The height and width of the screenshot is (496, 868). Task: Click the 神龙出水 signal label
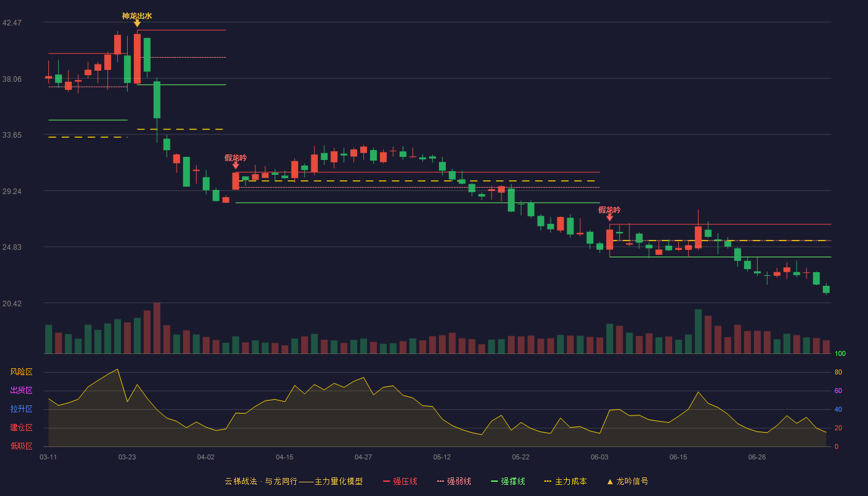(137, 16)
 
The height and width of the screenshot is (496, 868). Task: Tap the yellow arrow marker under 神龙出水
(137, 24)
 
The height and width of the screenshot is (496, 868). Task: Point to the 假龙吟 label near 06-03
(609, 210)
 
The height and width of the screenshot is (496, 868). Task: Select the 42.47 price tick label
(12, 23)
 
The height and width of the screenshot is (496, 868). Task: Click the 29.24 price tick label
(12, 192)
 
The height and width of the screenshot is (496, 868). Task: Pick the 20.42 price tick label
(12, 303)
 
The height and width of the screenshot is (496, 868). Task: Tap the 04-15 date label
(285, 458)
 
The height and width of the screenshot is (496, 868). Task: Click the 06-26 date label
(757, 458)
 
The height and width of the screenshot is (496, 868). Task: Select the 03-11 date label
(48, 458)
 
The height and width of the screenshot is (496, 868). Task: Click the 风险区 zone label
(21, 372)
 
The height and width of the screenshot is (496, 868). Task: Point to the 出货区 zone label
(21, 390)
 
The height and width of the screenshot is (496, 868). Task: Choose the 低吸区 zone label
(21, 446)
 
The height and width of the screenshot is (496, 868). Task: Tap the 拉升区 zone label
(21, 409)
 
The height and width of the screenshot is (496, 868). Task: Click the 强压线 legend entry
(400, 481)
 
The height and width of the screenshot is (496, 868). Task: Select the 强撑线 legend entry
(508, 481)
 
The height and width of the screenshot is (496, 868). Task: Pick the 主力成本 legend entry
(565, 481)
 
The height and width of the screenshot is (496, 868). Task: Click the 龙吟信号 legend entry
(627, 481)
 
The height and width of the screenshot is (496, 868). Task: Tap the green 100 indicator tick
(840, 353)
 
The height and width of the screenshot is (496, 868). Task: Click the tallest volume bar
(157, 328)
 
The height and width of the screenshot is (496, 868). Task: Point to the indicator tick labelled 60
(838, 391)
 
